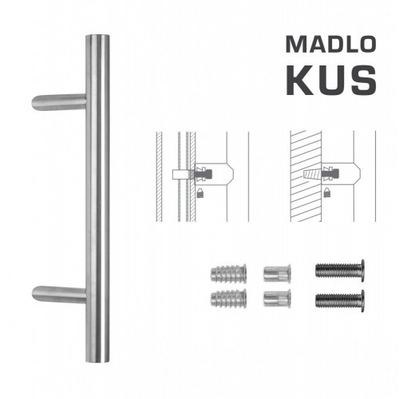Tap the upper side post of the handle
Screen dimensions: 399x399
(60, 101)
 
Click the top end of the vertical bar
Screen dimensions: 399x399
(98, 38)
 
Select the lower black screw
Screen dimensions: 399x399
(340, 301)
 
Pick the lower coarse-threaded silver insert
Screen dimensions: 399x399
(224, 301)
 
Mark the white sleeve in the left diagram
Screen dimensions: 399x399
(180, 173)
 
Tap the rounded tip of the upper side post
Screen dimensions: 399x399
(37, 103)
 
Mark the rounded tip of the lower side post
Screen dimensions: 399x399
(37, 295)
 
